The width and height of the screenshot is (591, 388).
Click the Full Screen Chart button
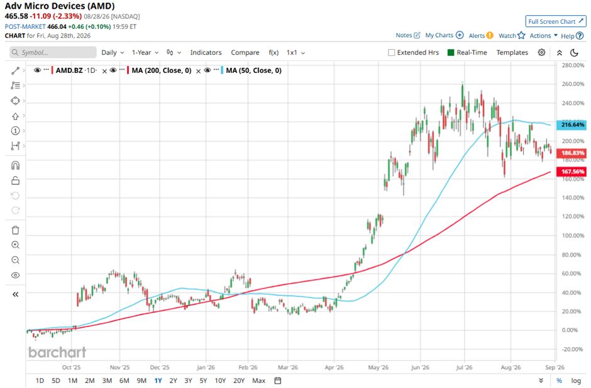(x=556, y=21)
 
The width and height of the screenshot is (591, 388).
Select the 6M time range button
(x=124, y=380)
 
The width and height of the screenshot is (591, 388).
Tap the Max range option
(x=258, y=380)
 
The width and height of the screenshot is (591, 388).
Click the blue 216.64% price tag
(x=572, y=125)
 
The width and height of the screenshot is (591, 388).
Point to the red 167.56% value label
(x=572, y=172)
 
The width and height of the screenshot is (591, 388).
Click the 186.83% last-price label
(x=572, y=153)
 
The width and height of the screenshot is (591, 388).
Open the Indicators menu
(x=206, y=52)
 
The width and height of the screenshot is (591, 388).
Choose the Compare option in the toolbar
(x=245, y=52)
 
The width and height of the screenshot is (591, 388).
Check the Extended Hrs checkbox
(x=392, y=52)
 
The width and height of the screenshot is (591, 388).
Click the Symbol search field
(x=53, y=52)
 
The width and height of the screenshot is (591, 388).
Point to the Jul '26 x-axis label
(x=464, y=367)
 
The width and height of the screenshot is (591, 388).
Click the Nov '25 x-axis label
(x=119, y=367)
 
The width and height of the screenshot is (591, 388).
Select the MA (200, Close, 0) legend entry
(x=162, y=70)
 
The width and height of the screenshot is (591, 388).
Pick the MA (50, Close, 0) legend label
(x=253, y=70)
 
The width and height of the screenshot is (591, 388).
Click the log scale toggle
(x=575, y=380)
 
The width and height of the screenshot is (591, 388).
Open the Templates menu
(x=512, y=52)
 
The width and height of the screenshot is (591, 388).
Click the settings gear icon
(x=541, y=52)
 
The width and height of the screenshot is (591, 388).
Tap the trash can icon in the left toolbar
(x=16, y=230)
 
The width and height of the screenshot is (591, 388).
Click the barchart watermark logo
(x=57, y=352)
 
